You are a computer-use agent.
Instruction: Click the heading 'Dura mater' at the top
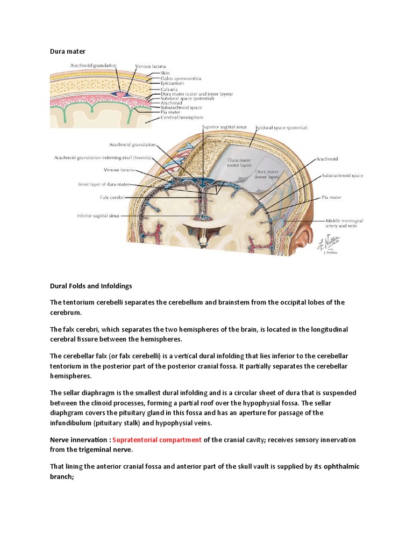[68, 51]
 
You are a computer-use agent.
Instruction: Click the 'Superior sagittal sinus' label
[224, 127]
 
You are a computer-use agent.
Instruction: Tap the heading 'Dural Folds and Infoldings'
[91, 286]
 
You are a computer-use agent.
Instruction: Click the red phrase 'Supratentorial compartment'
[157, 439]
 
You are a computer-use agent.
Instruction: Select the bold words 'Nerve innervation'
[79, 439]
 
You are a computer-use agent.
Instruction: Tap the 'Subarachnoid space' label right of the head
[343, 176]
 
